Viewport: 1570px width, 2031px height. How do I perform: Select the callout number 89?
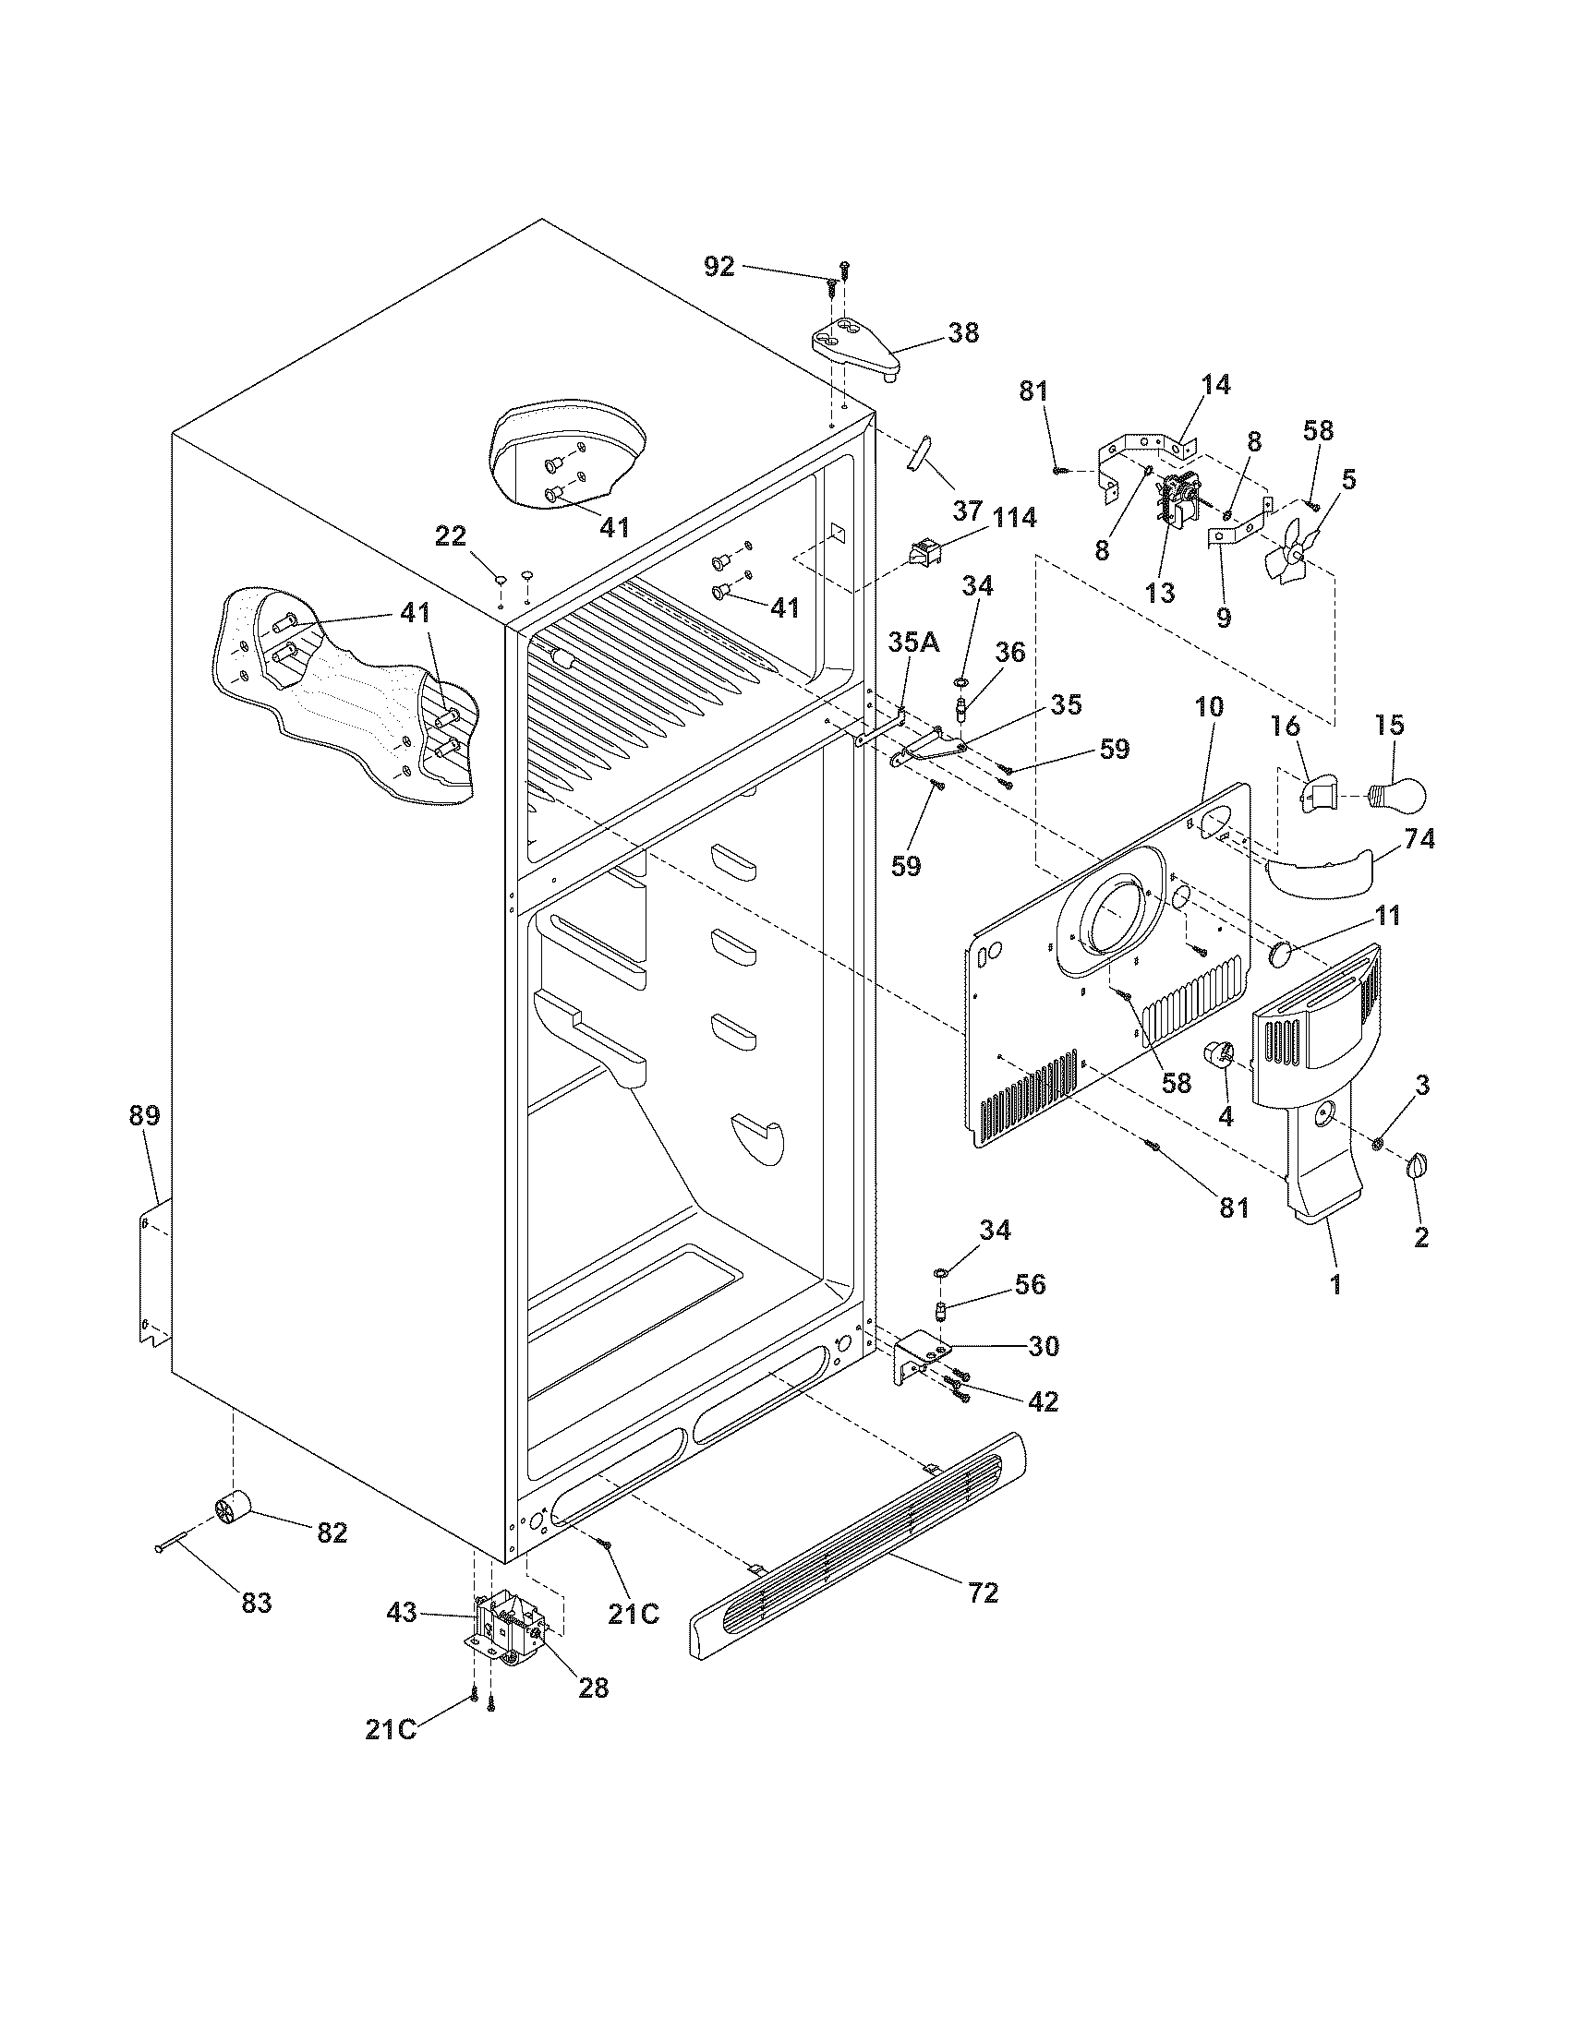point(144,1115)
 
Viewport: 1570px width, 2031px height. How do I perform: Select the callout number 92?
point(719,267)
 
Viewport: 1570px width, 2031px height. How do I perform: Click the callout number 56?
point(1030,1284)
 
